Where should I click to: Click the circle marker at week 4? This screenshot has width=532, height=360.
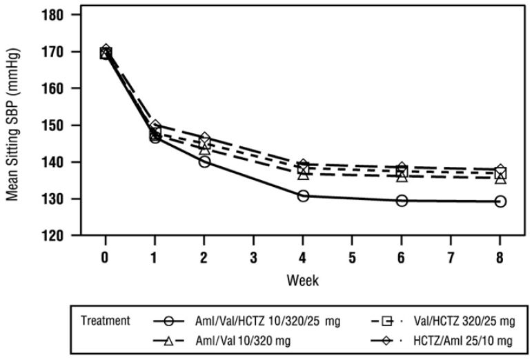coord(303,196)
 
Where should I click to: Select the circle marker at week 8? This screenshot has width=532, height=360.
coord(500,201)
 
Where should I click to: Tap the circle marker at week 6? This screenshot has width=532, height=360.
coord(402,201)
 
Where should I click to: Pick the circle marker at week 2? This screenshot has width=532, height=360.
coord(204,161)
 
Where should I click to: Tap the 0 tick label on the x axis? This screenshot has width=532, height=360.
coord(106,257)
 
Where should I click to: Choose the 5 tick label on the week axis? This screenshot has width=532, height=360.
coord(353,257)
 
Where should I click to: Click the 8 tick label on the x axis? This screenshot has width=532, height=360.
coord(500,257)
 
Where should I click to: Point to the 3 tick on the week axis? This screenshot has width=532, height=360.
coord(254,257)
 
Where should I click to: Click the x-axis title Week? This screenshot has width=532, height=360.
coord(303,281)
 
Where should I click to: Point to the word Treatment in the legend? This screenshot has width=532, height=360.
coord(105,321)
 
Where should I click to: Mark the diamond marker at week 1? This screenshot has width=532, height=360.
coord(155,126)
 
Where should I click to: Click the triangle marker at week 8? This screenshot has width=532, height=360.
coord(500,178)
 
